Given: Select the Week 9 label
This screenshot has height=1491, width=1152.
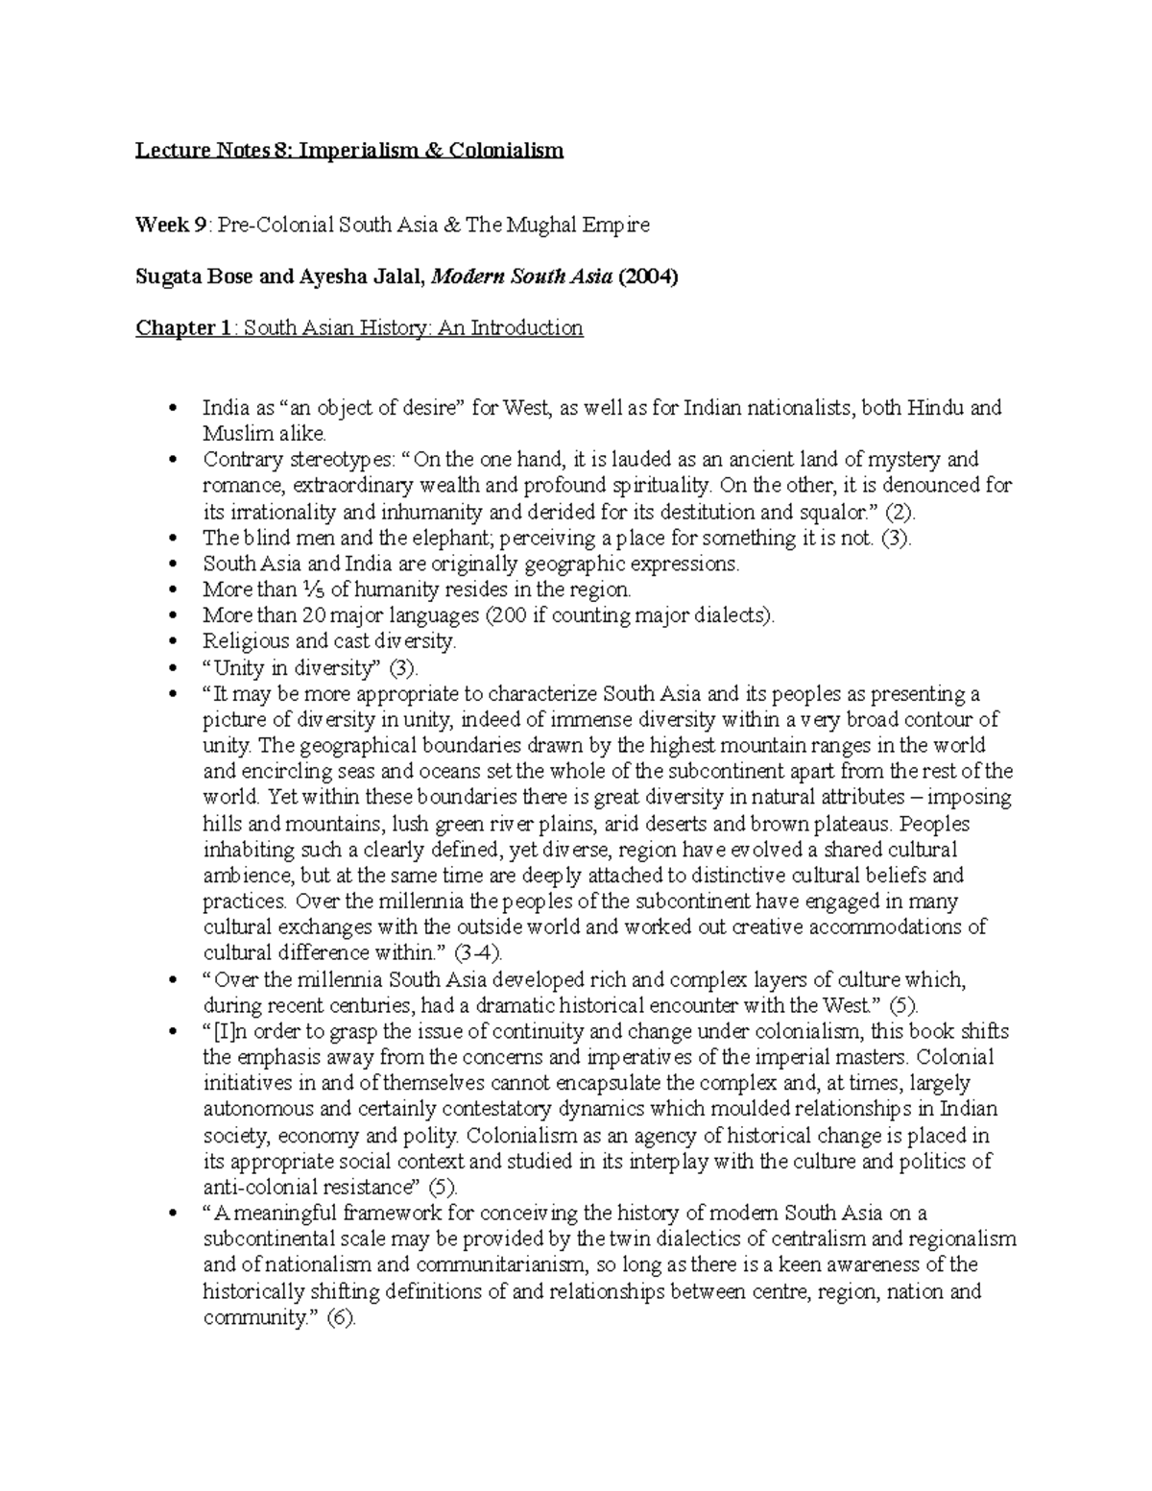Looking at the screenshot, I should click(170, 225).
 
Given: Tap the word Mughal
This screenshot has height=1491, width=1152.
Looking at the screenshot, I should click(544, 225).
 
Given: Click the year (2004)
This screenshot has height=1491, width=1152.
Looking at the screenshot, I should click(648, 277).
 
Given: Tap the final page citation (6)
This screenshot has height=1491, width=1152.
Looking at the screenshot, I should click(341, 1317).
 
